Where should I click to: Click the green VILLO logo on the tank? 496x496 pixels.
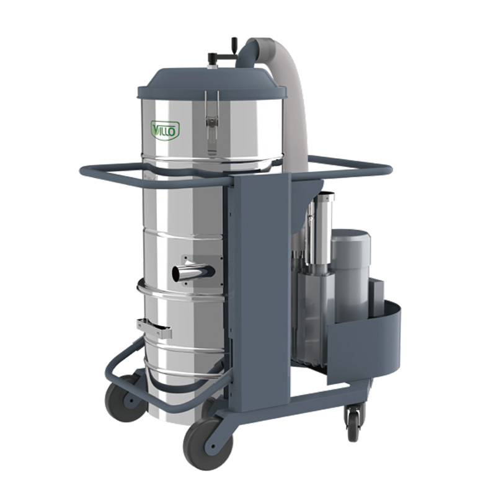tap(165, 130)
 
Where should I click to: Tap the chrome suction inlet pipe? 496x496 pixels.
tap(193, 273)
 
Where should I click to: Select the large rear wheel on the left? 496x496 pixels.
tap(126, 399)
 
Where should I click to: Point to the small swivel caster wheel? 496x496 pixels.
tap(353, 424)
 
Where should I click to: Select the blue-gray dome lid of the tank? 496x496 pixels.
tap(211, 83)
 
